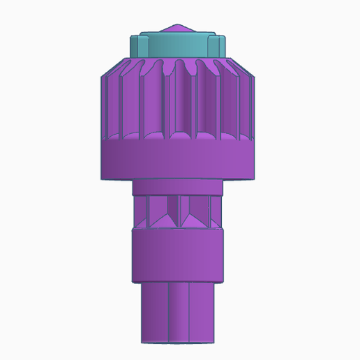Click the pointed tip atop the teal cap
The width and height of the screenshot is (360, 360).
(x=180, y=26)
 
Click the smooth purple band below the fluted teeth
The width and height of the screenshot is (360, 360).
(x=179, y=160)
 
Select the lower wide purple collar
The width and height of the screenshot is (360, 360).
(x=179, y=255)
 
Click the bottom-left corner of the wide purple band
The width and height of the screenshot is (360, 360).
(x=103, y=179)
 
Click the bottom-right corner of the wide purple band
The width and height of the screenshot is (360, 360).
(x=255, y=179)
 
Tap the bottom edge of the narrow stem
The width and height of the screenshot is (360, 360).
(x=179, y=342)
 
